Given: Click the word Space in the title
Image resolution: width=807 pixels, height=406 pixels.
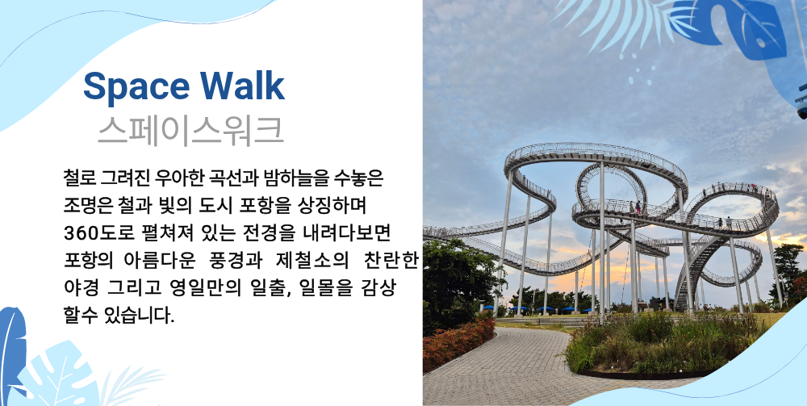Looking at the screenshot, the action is [x=136, y=86].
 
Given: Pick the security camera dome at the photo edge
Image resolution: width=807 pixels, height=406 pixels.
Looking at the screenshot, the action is [x=801, y=103].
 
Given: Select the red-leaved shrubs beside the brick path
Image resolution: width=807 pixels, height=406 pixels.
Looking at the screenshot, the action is [x=455, y=341].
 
